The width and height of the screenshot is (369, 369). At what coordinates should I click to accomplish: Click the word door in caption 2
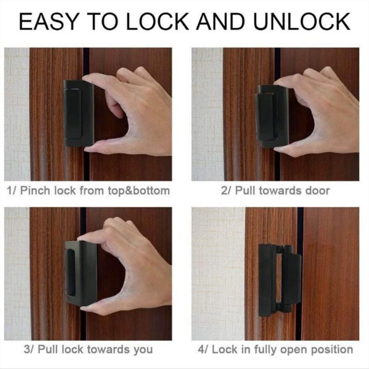pyautogui.click(x=318, y=190)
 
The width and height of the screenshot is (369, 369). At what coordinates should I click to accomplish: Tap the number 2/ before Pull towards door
pyautogui.click(x=226, y=190)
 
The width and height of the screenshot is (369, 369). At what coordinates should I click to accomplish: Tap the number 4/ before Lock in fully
pyautogui.click(x=202, y=349)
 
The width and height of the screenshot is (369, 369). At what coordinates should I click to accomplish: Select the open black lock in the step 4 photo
pyautogui.click(x=279, y=280)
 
